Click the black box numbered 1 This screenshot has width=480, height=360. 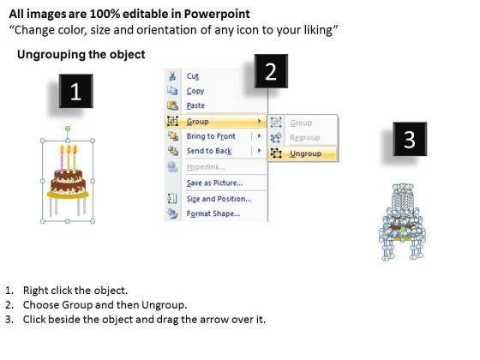tap(76, 91)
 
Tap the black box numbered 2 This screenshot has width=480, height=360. tap(271, 71)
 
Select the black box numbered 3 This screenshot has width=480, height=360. tap(410, 139)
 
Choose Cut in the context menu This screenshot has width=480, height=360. tap(193, 76)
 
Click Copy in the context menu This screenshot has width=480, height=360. tap(195, 91)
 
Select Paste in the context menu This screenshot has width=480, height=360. tap(195, 105)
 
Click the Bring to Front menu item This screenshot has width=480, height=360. tap(211, 136)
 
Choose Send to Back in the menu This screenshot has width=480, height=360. tap(209, 151)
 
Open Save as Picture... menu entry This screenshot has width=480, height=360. tap(214, 183)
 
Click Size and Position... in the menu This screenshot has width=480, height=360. tap(219, 199)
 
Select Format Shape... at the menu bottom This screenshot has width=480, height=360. tap(213, 213)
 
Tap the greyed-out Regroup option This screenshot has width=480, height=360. tap(305, 138)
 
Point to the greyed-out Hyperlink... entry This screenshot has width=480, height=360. tap(206, 167)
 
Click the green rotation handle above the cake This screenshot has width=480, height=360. tap(68, 129)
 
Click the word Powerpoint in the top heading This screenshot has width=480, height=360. tap(217, 14)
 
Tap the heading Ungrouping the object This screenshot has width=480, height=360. tap(81, 55)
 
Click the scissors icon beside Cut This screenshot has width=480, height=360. tap(172, 76)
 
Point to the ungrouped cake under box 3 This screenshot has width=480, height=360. tap(402, 222)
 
